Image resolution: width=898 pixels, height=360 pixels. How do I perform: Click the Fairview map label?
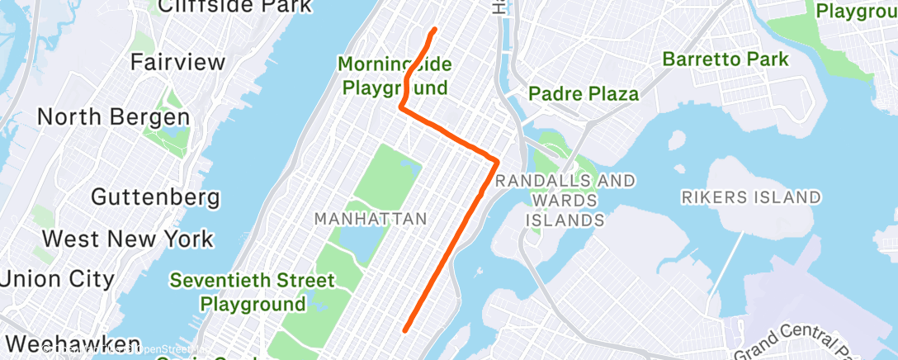tap(177, 62)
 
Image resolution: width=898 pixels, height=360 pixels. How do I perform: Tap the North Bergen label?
tap(113, 117)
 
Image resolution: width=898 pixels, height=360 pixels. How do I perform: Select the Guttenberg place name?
tap(155, 197)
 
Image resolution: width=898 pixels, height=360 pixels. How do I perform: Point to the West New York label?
tap(128, 239)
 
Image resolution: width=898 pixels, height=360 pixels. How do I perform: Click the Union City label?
tap(57, 279)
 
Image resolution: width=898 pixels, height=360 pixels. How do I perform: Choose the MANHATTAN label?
tap(371, 219)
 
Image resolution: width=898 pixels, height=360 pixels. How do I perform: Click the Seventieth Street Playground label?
tap(253, 292)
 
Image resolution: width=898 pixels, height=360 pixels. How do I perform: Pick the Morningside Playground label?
tap(395, 75)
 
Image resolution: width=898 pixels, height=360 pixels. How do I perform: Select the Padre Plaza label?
tap(584, 93)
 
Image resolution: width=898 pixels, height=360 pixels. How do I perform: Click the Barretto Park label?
tap(725, 59)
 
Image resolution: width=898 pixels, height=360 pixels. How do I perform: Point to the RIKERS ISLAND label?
tap(751, 197)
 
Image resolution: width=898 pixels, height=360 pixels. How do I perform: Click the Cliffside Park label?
tap(234, 7)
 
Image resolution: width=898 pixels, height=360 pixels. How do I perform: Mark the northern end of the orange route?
tap(434, 30)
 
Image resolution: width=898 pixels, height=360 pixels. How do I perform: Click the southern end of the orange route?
tap(405, 329)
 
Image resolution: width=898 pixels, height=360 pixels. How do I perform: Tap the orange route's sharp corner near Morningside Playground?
tap(401, 107)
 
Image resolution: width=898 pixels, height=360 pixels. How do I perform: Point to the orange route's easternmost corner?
tap(498, 159)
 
